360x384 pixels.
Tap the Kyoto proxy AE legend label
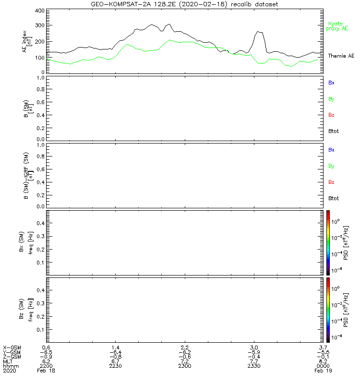pyautogui.click(x=336, y=26)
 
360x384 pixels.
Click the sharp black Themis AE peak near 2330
pyautogui.click(x=259, y=32)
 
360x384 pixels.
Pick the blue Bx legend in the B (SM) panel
pyautogui.click(x=331, y=83)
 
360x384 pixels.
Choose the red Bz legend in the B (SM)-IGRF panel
pyautogui.click(x=331, y=182)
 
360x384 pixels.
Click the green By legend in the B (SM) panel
pyautogui.click(x=331, y=99)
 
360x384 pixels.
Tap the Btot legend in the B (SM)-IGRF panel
pyautogui.click(x=334, y=198)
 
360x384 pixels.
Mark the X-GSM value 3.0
pyautogui.click(x=254, y=347)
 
